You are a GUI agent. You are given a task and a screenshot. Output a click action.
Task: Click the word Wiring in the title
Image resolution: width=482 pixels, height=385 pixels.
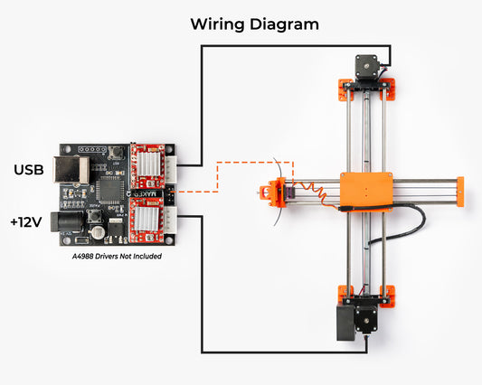pos(217,24)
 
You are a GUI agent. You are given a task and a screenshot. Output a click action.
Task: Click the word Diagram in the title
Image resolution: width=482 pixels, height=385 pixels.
pos(284,24)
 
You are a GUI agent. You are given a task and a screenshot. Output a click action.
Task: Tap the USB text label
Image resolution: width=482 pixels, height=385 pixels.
pos(29,170)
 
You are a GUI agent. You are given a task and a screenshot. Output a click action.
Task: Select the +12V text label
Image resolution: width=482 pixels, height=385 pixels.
pos(26,222)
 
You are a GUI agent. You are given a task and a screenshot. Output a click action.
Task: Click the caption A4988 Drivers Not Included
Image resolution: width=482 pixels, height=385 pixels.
pos(117,257)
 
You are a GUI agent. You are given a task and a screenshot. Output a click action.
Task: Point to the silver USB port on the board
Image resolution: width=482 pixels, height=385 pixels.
pos(71,170)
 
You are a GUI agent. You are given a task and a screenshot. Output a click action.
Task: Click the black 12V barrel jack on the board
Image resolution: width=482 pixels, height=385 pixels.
pos(66,221)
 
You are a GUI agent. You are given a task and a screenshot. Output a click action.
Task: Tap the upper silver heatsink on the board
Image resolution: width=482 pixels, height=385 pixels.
pos(148,164)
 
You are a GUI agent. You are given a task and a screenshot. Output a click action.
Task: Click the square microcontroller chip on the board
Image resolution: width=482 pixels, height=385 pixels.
pos(109,191)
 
